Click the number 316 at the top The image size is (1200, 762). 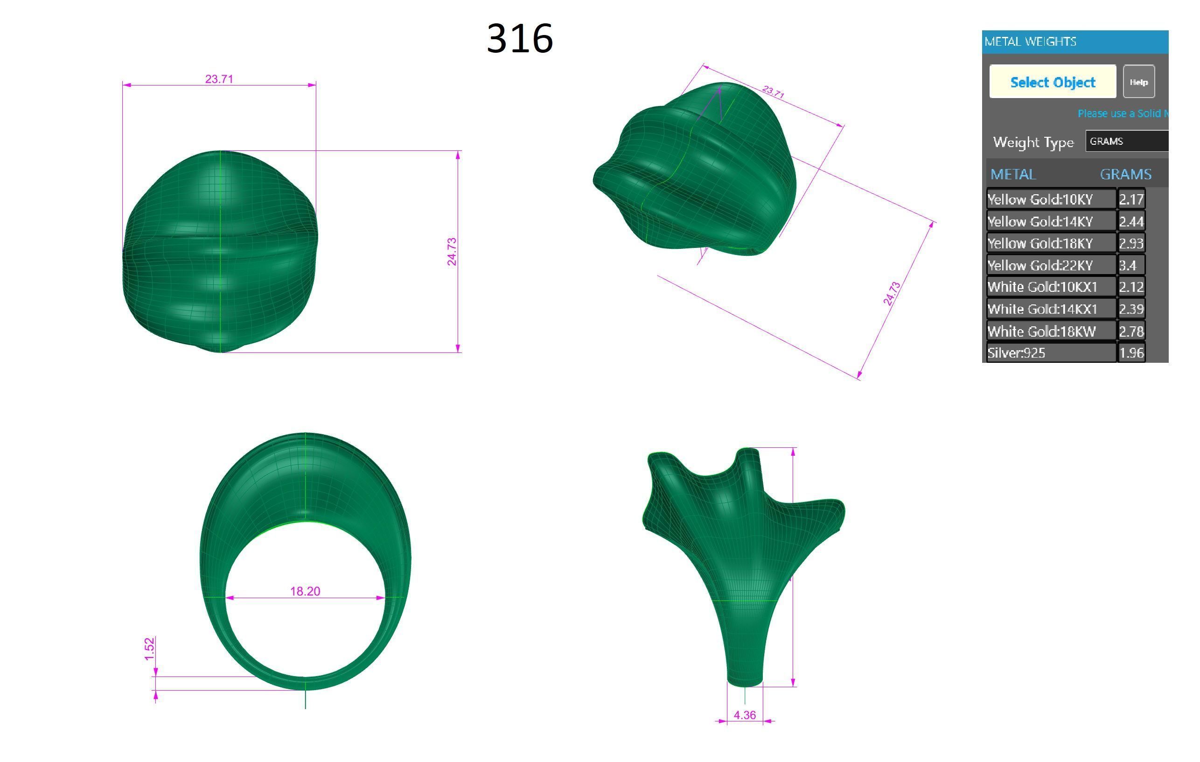tap(519, 38)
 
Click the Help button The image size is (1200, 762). tap(1138, 82)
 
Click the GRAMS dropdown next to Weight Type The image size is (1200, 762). tap(1127, 141)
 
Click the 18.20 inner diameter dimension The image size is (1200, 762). tap(305, 592)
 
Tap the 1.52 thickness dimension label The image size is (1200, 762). tap(149, 649)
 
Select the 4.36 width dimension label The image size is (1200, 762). tap(745, 715)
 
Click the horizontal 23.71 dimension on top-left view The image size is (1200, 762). tap(219, 79)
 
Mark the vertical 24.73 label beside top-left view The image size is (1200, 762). tap(452, 251)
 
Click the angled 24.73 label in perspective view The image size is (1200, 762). tap(892, 294)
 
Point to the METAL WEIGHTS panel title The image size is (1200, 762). tap(1031, 42)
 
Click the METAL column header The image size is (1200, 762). tap(1013, 175)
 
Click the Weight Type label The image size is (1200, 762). tap(1033, 142)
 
